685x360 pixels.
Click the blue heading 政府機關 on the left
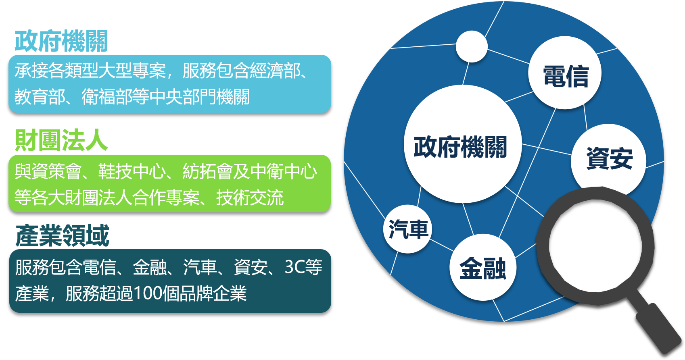click(61, 41)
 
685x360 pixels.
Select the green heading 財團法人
click(61, 140)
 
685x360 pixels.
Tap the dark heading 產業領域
click(63, 235)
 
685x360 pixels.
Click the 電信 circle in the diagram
click(565, 73)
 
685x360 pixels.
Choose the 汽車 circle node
click(407, 229)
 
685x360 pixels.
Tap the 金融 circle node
click(483, 267)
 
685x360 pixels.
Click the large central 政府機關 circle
click(463, 144)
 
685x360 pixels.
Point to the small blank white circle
click(472, 46)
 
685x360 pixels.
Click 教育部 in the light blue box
click(40, 97)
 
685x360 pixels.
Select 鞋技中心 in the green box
click(132, 171)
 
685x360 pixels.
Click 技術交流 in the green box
click(250, 198)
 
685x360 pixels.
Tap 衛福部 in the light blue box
click(107, 97)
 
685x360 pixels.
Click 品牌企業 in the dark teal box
click(213, 293)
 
